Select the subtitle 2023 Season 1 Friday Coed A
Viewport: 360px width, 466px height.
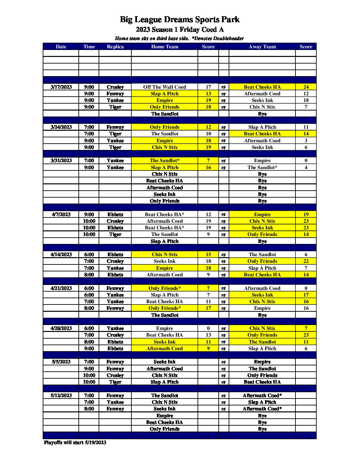pyautogui.click(x=180, y=29)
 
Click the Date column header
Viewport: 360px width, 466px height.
pyautogui.click(x=61, y=47)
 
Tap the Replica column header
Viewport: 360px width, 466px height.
pyautogui.click(x=115, y=47)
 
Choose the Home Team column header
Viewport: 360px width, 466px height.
pyautogui.click(x=164, y=47)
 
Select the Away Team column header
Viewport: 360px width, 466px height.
pyautogui.click(x=262, y=47)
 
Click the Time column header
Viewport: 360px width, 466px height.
pyautogui.click(x=89, y=47)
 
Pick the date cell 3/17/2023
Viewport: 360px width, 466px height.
pyautogui.click(x=61, y=87)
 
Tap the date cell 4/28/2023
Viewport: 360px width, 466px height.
pyautogui.click(x=61, y=328)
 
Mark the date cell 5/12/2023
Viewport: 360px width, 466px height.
pyautogui.click(x=61, y=396)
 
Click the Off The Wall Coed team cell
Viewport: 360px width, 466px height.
pyautogui.click(x=164, y=87)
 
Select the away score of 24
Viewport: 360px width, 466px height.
pyautogui.click(x=306, y=87)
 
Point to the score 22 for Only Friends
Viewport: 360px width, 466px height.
pyautogui.click(x=306, y=261)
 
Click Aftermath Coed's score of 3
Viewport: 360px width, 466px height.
pyautogui.click(x=306, y=141)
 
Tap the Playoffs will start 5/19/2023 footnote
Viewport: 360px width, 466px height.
pyautogui.click(x=75, y=443)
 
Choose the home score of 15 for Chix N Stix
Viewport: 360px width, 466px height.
pyautogui.click(x=208, y=255)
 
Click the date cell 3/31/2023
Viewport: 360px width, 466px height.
pyautogui.click(x=61, y=161)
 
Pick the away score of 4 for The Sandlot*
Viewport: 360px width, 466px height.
pyautogui.click(x=306, y=167)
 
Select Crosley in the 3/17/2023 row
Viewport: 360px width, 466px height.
pyautogui.click(x=115, y=87)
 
